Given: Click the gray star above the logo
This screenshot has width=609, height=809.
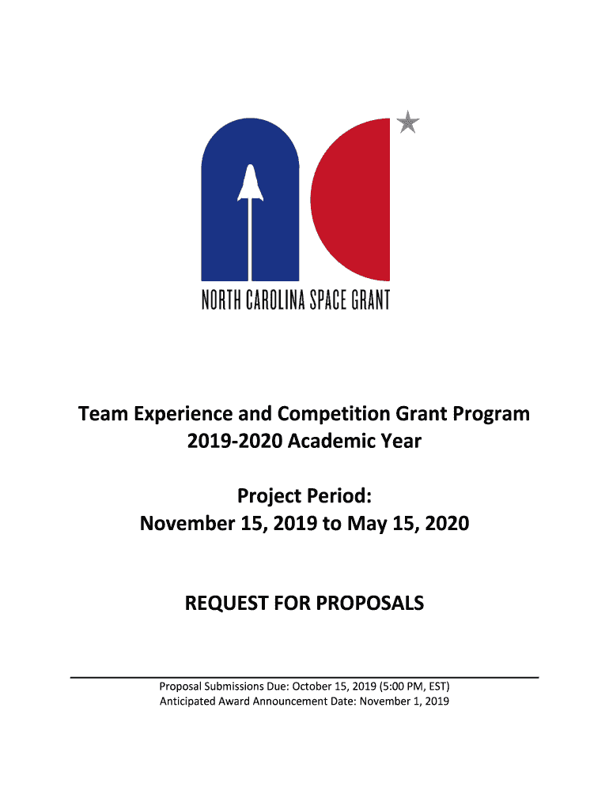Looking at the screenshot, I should click(x=408, y=122).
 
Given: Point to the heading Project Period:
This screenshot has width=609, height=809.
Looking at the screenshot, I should click(x=304, y=496).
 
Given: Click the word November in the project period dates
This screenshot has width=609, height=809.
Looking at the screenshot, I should click(x=183, y=523).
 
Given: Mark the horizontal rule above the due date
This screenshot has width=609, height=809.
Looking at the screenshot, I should click(x=304, y=678).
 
